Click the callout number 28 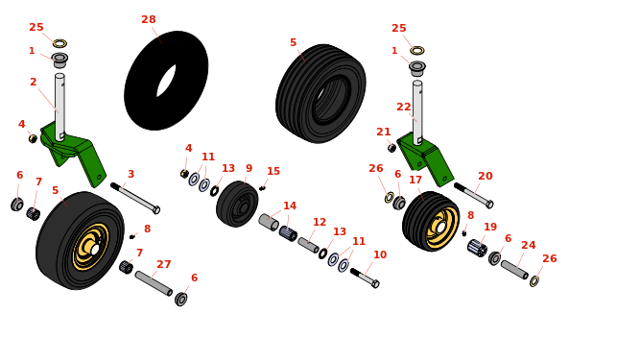pos(149,19)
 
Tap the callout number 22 pos(404,107)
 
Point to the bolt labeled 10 pos(365,278)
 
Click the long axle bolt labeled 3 pos(135,198)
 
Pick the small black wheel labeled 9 pos(237,204)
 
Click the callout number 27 pos(164,264)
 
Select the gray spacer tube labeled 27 pos(154,283)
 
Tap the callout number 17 pos(415,180)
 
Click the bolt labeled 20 pos(474,195)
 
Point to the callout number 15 pos(273,171)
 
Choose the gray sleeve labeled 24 pos(514,270)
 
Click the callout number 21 pos(384,132)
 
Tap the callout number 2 pos(33,82)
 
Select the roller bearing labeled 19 pos(477,248)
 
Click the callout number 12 pos(320,222)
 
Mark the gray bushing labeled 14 pos(269,223)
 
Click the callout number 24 pos(529,245)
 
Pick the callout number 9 pos(249,168)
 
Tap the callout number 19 pos(490,228)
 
